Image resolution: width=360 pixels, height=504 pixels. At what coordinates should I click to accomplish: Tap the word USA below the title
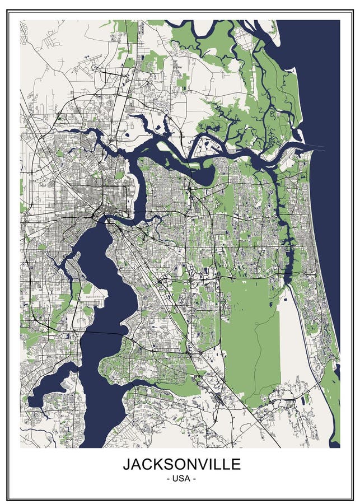tap(181, 479)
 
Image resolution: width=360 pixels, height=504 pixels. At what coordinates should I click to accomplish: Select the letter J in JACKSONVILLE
tap(127, 464)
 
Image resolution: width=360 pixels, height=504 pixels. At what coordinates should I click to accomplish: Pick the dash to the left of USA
tap(169, 479)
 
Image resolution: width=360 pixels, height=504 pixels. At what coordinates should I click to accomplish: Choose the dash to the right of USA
tap(194, 479)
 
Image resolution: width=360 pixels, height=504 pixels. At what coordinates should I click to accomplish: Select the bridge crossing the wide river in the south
tap(101, 332)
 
